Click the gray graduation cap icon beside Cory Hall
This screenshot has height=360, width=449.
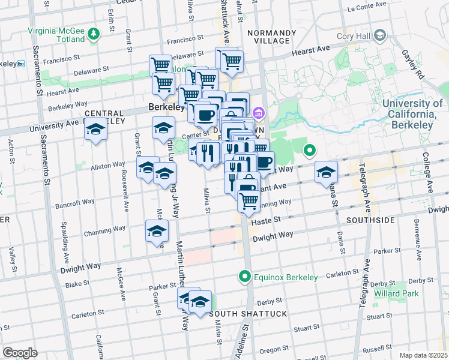(381, 36)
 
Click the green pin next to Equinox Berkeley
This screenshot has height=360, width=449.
(244, 277)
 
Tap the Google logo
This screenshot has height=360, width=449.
(20, 352)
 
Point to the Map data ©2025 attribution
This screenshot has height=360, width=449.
(423, 355)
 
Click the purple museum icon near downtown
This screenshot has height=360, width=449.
(259, 112)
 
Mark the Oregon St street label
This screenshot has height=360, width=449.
(274, 350)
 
